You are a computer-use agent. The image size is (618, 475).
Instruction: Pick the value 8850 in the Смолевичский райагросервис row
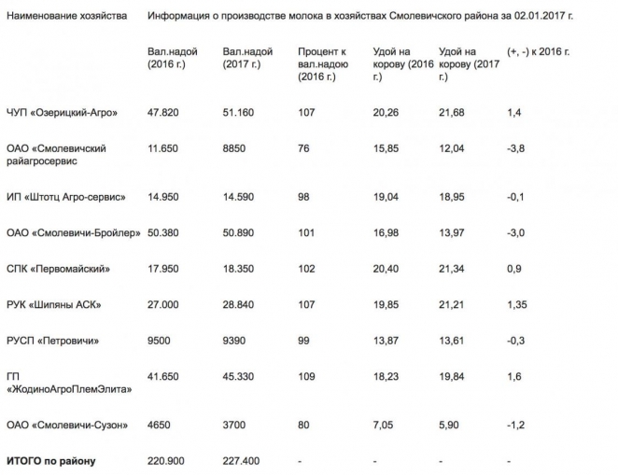click(x=235, y=148)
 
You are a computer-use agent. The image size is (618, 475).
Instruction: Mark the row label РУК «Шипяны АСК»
click(x=53, y=304)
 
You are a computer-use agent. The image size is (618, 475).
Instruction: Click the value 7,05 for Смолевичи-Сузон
click(x=383, y=426)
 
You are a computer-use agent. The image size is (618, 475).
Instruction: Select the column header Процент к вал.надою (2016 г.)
click(x=324, y=64)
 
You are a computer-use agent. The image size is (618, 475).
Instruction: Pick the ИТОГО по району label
click(x=50, y=460)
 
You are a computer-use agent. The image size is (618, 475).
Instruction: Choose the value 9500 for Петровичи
click(x=160, y=341)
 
